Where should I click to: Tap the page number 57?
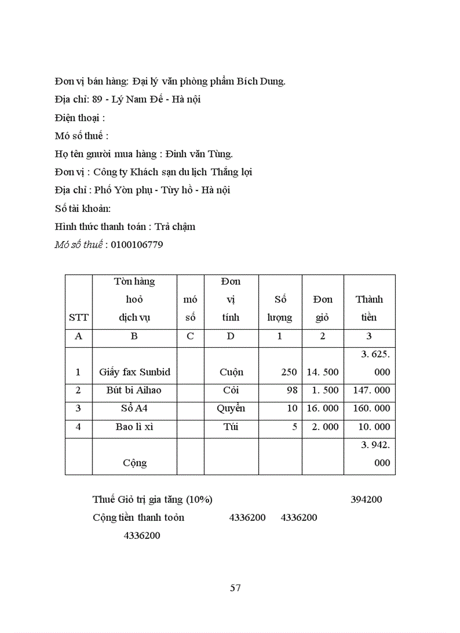(x=236, y=588)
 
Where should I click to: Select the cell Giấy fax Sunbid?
(x=135, y=372)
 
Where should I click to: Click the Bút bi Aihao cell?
(x=135, y=390)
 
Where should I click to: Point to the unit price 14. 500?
(x=322, y=372)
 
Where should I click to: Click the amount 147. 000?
(x=370, y=390)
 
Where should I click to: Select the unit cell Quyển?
(x=231, y=408)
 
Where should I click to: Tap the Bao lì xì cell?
(x=135, y=427)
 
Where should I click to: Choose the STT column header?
(x=78, y=317)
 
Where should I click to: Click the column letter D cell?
(x=231, y=336)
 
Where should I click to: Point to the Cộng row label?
(x=135, y=463)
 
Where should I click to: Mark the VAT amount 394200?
(x=366, y=499)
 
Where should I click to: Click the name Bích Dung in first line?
(x=264, y=81)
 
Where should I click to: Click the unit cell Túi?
(x=231, y=427)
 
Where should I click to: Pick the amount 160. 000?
(x=370, y=408)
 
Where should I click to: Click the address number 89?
(x=98, y=100)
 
